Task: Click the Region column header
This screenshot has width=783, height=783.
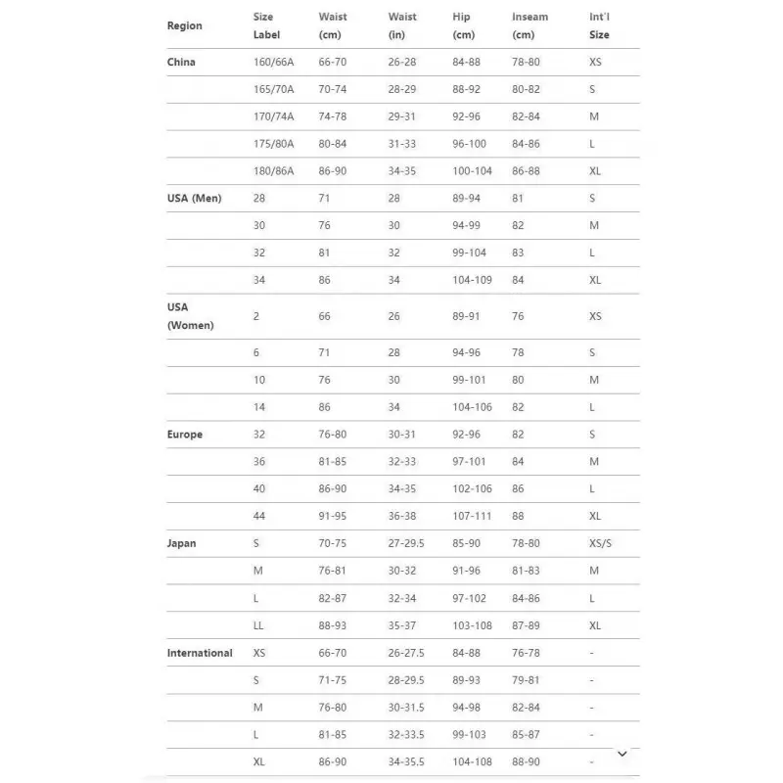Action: [185, 26]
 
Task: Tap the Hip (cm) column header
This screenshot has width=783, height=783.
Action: [464, 26]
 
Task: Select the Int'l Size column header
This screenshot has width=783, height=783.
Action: [599, 26]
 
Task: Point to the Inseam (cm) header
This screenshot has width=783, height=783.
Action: [530, 26]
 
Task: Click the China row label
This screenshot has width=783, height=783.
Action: [181, 62]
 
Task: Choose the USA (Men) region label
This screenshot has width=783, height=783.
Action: [194, 198]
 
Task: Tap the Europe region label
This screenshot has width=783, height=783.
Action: [185, 435]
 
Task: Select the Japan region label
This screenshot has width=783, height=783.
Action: [181, 543]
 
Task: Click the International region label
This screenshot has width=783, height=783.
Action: [200, 653]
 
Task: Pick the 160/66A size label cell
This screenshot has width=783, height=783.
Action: [273, 62]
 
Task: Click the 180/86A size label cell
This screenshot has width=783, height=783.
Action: [273, 170]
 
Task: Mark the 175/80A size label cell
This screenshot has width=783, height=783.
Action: [273, 144]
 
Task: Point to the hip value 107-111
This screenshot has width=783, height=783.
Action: [473, 516]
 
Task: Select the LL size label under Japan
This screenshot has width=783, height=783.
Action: [258, 625]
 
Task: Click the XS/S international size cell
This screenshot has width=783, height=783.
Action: [602, 543]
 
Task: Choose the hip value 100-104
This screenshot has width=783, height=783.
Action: [473, 170]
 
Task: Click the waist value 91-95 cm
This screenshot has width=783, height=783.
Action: [332, 516]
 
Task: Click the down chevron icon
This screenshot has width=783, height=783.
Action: [622, 754]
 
